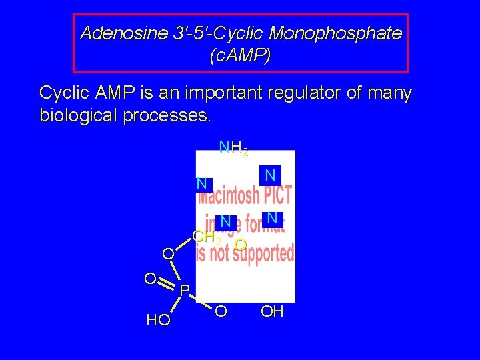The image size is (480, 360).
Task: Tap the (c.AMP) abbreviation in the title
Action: tap(240, 56)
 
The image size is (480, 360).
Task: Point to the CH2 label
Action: tap(205, 237)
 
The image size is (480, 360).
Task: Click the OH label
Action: tap(272, 311)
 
